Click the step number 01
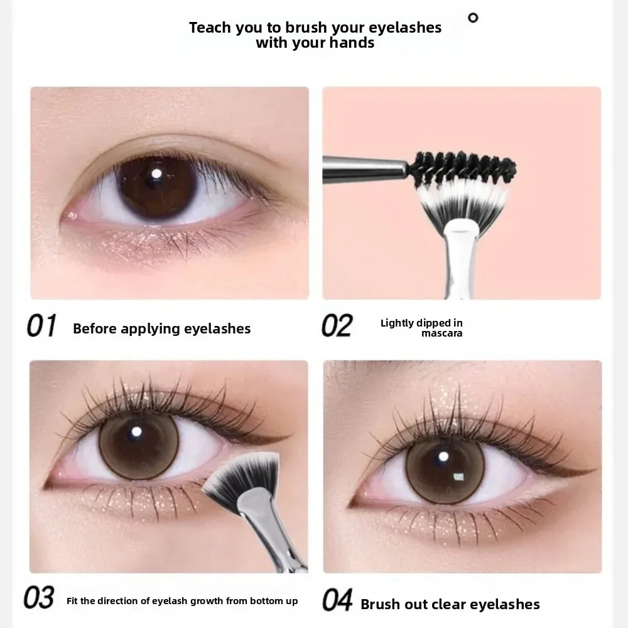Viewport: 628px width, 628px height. (x=41, y=327)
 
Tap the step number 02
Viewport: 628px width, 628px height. (x=337, y=327)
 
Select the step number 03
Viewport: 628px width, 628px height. (x=39, y=598)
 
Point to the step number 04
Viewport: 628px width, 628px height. (x=337, y=600)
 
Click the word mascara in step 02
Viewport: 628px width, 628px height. (x=441, y=333)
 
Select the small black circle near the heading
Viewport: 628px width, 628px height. (x=473, y=18)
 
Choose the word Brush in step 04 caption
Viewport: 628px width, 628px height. (x=381, y=604)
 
